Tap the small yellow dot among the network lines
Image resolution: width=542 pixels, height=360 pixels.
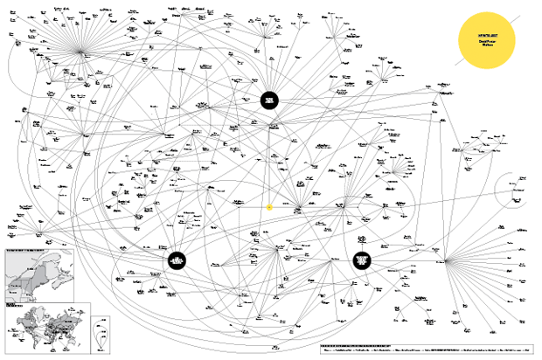[x=269, y=207]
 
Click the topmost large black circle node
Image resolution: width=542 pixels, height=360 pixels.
[x=270, y=101]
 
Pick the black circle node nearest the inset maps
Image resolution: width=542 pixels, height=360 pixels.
[x=177, y=260]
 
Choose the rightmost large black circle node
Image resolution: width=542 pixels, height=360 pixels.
[x=363, y=261]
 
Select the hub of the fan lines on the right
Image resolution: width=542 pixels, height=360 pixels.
[x=445, y=260]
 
